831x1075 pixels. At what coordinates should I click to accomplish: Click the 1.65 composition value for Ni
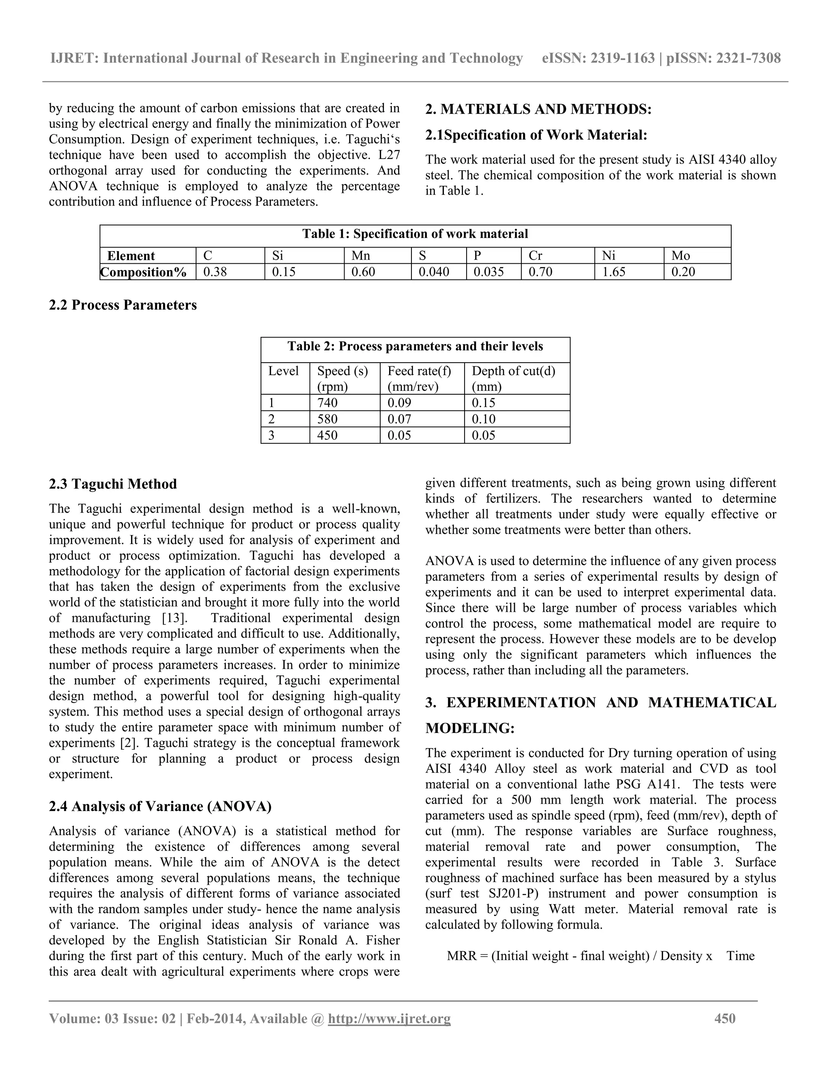point(614,272)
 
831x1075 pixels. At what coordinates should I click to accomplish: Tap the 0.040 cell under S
point(434,272)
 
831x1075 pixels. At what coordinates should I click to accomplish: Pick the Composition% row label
point(143,272)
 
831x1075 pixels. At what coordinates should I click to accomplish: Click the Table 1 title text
point(415,234)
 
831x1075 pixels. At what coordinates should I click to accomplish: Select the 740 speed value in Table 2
point(327,403)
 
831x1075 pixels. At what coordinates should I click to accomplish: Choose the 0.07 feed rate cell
point(399,419)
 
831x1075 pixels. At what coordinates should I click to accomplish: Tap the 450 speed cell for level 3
point(327,435)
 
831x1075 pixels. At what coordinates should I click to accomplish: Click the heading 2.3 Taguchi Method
point(113,484)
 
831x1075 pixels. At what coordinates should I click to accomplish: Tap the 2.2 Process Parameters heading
point(123,305)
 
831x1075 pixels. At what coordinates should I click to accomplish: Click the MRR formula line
point(600,956)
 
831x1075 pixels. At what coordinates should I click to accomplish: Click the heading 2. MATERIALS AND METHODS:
point(538,109)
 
